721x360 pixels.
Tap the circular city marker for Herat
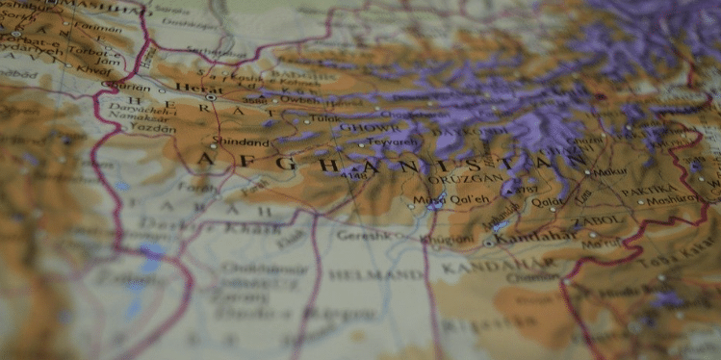pyautogui.click(x=210, y=97)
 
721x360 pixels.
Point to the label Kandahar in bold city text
pyautogui.click(x=524, y=237)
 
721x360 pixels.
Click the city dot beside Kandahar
pyautogui.click(x=488, y=243)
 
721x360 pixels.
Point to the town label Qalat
pyautogui.click(x=548, y=202)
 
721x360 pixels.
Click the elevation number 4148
pyautogui.click(x=352, y=175)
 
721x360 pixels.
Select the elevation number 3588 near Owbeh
pyautogui.click(x=253, y=100)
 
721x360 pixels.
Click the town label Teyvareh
pyautogui.click(x=395, y=142)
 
